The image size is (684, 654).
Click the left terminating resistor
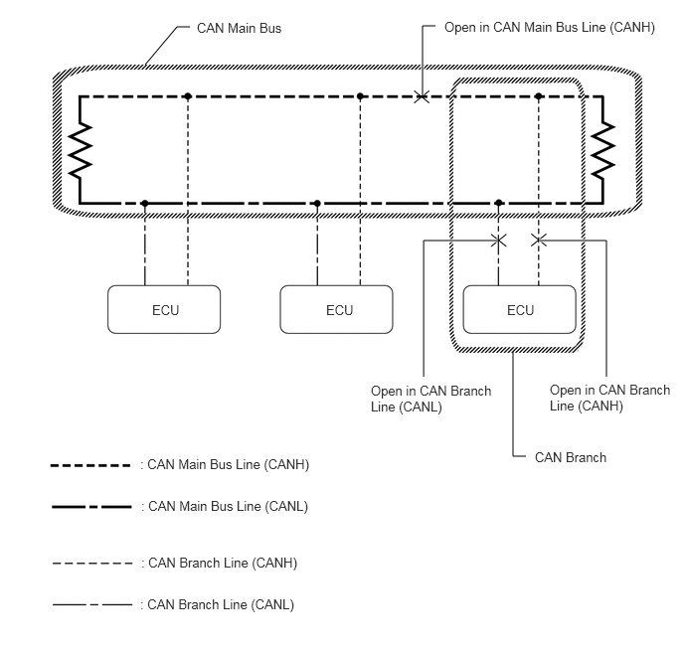(x=81, y=149)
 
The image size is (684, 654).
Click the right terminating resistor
(x=602, y=149)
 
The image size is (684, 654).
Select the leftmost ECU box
(x=163, y=309)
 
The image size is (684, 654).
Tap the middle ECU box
(x=338, y=309)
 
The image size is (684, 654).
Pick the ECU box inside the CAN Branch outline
(x=520, y=309)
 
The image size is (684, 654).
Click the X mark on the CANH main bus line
(x=422, y=96)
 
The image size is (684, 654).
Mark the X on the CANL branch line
(x=499, y=240)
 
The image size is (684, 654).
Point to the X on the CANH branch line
(x=539, y=240)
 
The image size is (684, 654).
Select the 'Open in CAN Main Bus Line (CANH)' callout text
(x=550, y=28)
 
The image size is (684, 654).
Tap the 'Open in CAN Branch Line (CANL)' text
(x=430, y=399)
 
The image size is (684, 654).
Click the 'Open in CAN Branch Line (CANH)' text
(x=609, y=398)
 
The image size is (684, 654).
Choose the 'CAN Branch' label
(x=570, y=457)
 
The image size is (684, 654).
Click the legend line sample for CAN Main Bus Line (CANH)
(x=91, y=465)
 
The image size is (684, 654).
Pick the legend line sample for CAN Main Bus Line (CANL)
(x=91, y=507)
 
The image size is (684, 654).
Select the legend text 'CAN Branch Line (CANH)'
(x=222, y=563)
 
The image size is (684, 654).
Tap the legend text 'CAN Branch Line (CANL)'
(x=221, y=603)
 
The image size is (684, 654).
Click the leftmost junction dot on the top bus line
(x=187, y=96)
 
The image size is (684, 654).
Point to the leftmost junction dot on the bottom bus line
(x=145, y=203)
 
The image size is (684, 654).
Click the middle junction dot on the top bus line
(x=360, y=96)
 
